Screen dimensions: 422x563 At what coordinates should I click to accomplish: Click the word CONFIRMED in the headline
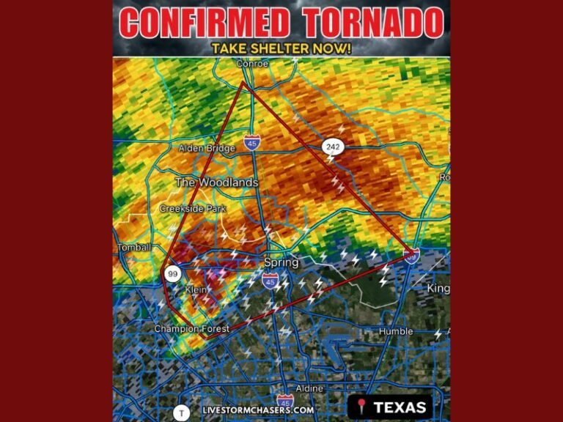point(205,23)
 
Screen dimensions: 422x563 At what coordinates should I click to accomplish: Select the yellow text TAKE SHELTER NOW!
point(281,48)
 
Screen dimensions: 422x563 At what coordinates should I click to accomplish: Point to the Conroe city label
point(252,64)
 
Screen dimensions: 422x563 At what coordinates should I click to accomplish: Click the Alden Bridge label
point(207,149)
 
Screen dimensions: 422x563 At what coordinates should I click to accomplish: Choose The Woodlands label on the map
point(216,182)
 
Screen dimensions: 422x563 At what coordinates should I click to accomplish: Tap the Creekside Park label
point(193,209)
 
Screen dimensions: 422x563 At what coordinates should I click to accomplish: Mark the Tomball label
point(133,248)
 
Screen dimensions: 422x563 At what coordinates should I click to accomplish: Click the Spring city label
point(281,262)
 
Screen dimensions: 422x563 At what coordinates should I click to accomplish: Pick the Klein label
point(196,290)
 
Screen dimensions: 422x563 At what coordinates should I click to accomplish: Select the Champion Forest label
point(191,329)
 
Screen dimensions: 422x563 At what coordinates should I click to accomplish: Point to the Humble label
point(396,332)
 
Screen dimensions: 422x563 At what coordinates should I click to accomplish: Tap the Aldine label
point(309,388)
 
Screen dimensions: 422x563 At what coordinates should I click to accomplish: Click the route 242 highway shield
point(332,147)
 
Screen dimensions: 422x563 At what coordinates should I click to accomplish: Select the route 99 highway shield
point(173,275)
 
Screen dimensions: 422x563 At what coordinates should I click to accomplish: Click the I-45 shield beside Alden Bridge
point(251,142)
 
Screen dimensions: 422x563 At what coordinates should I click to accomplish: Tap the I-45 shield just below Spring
point(271,279)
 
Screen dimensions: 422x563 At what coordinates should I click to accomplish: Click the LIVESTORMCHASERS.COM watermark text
point(258,410)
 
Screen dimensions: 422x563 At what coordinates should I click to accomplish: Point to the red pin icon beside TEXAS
point(361,407)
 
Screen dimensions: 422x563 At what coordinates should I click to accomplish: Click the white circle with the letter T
point(181,413)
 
